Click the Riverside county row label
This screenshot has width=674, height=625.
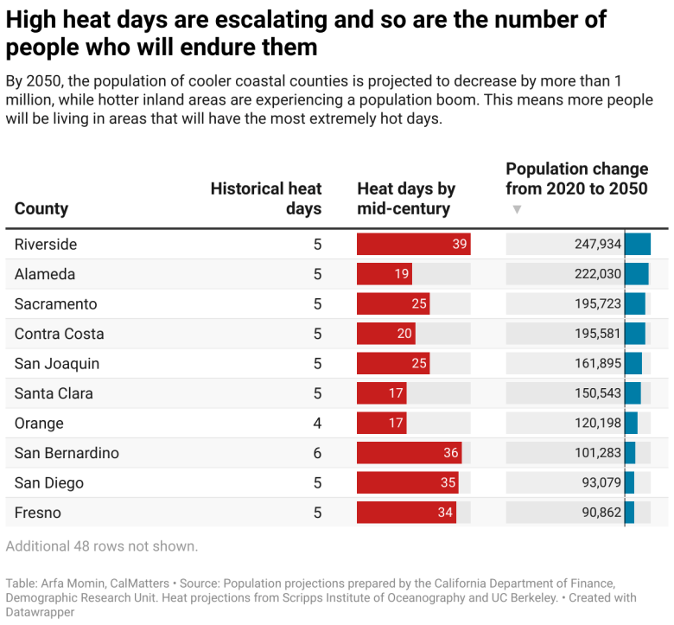[x=46, y=245]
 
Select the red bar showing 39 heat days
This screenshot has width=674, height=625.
[x=413, y=245]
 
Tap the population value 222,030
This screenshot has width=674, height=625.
[x=598, y=274]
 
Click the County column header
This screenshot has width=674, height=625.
[x=41, y=208]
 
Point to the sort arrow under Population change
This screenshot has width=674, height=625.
[x=517, y=209]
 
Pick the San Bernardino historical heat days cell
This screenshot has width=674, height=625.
[x=317, y=453]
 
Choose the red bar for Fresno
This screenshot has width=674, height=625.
[x=406, y=513]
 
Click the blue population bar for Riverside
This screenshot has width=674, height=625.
[x=637, y=245]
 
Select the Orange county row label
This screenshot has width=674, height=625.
[x=39, y=424]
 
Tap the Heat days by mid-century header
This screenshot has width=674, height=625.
[x=406, y=199]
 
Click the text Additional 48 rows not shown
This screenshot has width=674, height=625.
[x=102, y=546]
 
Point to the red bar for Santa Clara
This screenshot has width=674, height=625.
[x=381, y=393]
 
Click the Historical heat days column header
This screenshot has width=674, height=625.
[x=266, y=199]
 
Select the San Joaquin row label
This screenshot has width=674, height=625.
[x=57, y=364]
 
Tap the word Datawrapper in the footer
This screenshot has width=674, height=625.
[x=40, y=612]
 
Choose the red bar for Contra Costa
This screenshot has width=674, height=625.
[x=385, y=334]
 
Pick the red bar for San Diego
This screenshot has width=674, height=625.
[x=407, y=483]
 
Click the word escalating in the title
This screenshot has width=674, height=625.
[x=285, y=19]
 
